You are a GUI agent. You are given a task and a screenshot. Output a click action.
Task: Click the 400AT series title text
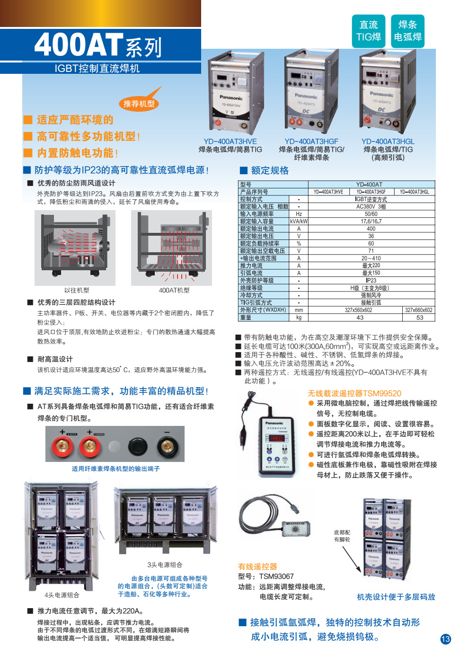[98, 45]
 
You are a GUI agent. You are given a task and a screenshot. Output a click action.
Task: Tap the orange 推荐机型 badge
[139, 103]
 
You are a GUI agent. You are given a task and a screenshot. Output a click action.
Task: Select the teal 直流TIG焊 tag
[369, 31]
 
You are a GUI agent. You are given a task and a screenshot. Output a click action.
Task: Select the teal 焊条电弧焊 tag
[407, 31]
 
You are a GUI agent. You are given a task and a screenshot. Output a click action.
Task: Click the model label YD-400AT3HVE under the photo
[230, 142]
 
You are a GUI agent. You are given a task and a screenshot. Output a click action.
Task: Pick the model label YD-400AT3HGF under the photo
[311, 142]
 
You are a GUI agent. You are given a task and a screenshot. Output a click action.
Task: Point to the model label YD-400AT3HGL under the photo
[388, 142]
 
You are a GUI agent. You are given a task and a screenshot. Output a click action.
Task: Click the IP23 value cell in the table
[371, 280]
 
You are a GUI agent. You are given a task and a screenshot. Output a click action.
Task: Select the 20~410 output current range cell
[371, 258]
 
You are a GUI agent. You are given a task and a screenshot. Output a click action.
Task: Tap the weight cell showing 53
[419, 318]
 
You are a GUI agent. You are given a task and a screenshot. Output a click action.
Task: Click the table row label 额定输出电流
[257, 229]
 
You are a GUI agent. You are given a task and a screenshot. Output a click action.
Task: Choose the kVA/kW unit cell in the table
[299, 221]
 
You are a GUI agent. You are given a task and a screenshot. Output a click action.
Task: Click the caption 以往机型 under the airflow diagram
[77, 290]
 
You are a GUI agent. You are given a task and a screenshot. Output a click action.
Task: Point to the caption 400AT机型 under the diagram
[174, 290]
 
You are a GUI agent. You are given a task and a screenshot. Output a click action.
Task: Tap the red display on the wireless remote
[276, 438]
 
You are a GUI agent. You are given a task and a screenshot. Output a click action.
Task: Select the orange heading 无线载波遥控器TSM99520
[354, 393]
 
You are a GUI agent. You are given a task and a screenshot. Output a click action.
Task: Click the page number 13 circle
[445, 639]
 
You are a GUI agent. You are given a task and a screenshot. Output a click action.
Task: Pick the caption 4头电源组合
[62, 595]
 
